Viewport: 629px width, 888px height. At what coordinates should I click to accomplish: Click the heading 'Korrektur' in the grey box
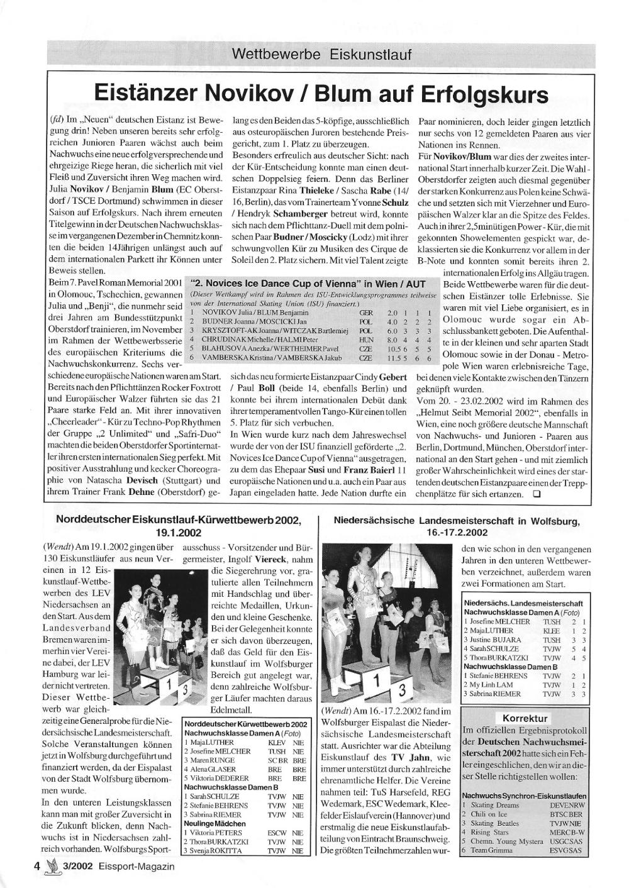point(525,718)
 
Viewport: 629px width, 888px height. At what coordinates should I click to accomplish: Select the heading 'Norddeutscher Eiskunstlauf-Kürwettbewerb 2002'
point(178,520)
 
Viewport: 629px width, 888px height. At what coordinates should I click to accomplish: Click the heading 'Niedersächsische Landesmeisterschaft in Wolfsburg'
point(457,521)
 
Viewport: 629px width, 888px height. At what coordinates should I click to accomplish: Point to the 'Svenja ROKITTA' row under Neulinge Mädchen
point(245,850)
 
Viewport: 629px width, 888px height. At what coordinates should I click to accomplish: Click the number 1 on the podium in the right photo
point(376,680)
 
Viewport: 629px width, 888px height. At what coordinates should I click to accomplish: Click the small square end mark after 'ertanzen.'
point(536,494)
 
